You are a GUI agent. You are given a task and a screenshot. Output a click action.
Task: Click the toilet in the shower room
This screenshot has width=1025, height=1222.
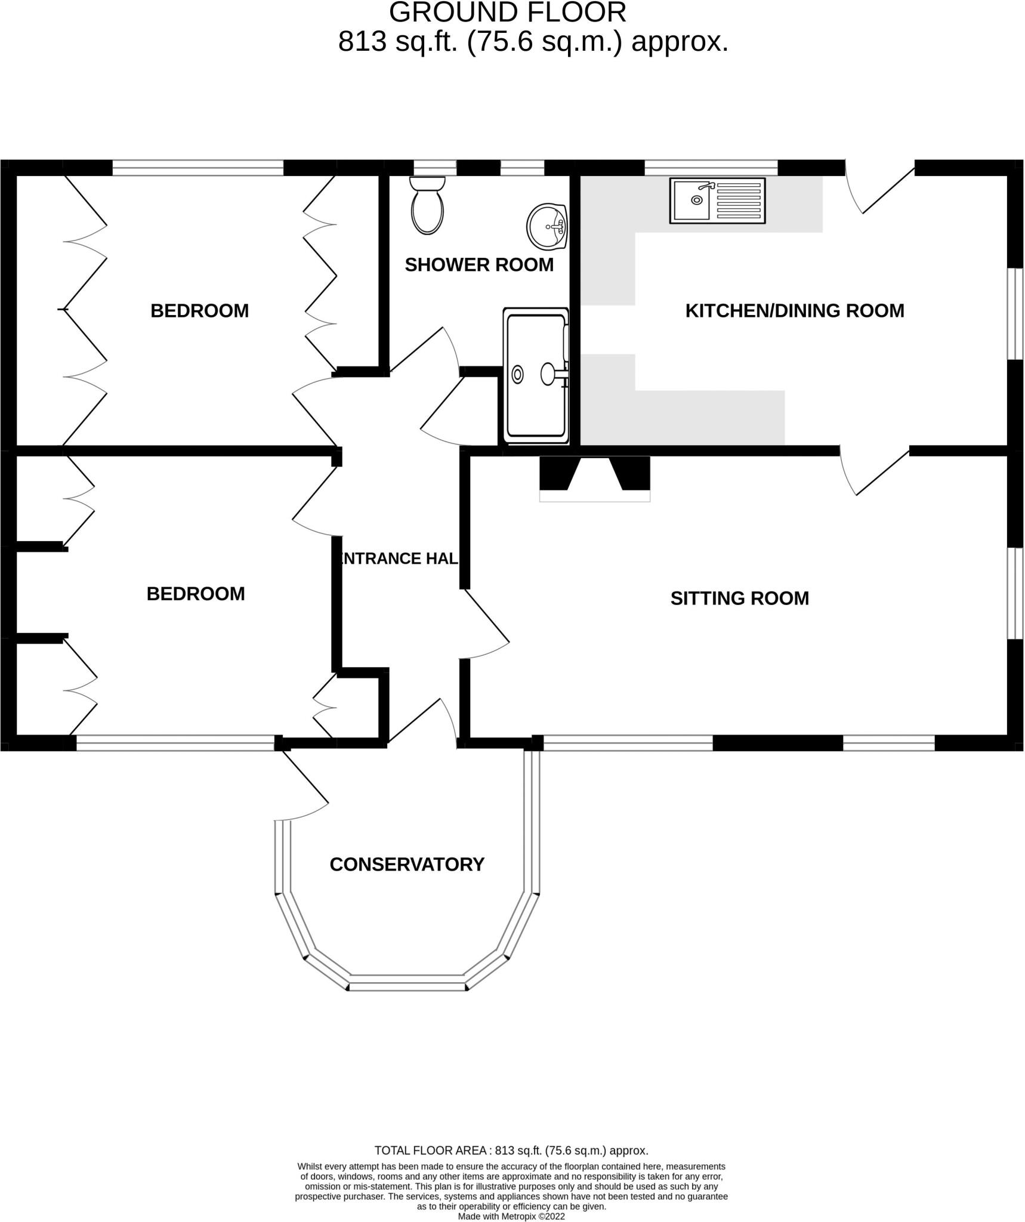[427, 206]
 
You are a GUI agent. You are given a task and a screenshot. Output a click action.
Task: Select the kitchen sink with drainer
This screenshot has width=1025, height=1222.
[717, 200]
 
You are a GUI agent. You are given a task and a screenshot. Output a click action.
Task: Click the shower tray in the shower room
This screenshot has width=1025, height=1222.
[535, 376]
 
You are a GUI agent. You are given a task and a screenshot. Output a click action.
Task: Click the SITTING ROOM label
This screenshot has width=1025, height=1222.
[739, 598]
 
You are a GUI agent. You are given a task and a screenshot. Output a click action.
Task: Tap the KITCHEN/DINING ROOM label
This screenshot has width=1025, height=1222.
[794, 311]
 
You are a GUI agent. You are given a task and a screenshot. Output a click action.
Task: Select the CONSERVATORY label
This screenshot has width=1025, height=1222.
[406, 865]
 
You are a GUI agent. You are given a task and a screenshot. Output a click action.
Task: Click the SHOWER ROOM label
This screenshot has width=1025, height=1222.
[479, 265]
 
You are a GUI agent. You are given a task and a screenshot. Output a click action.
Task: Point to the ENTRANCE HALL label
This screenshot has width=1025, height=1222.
[399, 558]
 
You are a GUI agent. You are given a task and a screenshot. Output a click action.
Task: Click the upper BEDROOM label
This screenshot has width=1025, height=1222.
[199, 311]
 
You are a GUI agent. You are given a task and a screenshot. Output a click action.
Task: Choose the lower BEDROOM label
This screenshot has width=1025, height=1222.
[196, 594]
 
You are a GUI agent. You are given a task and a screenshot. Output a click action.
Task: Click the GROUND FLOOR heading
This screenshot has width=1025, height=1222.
[507, 13]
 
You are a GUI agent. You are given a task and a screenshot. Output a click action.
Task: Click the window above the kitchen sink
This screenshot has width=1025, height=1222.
[711, 168]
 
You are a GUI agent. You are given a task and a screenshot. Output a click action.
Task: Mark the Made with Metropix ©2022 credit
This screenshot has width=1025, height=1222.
[511, 1216]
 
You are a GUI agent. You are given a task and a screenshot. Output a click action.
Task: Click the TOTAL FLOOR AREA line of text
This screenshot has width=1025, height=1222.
[511, 1150]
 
